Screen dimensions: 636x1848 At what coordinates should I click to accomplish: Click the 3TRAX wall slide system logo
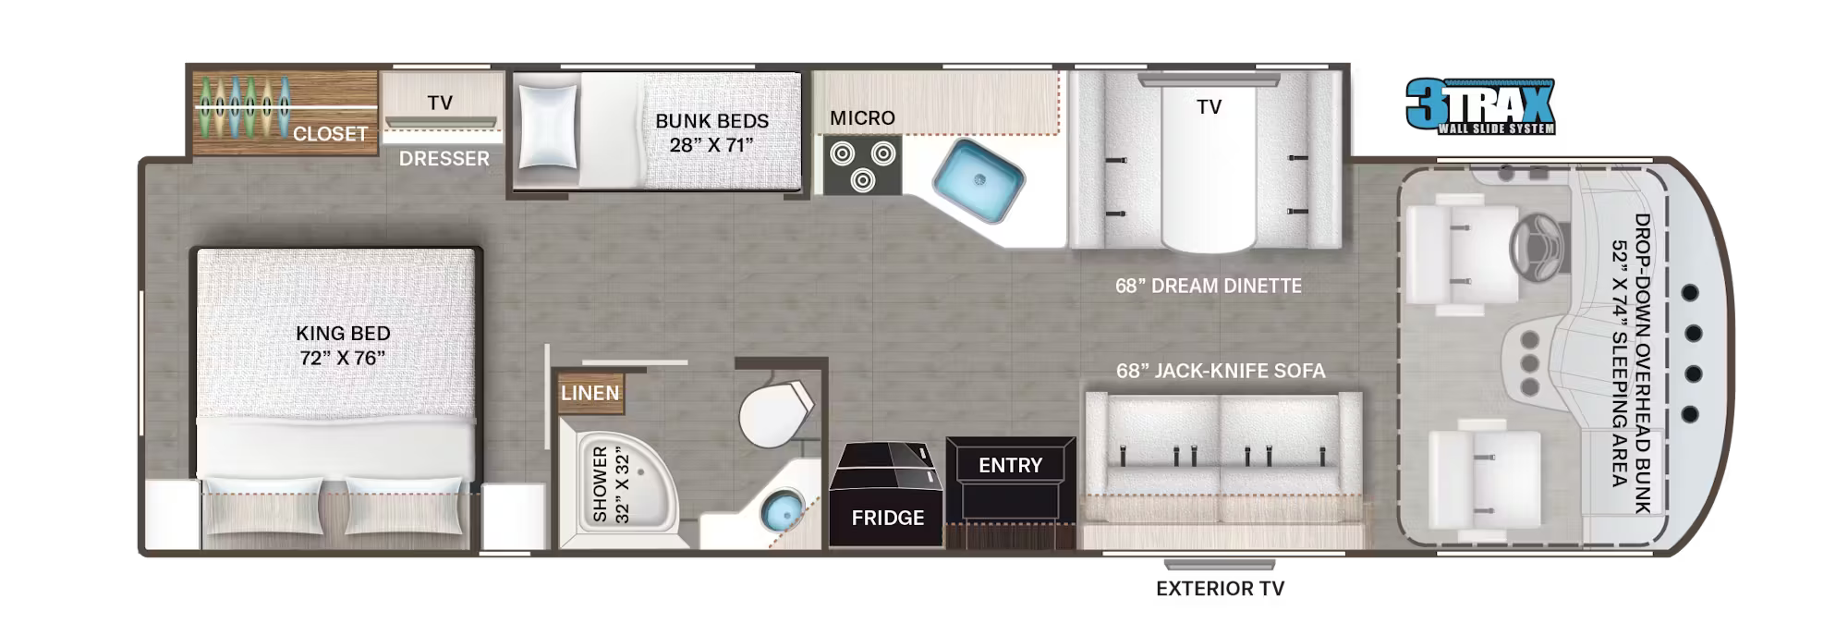point(1480,106)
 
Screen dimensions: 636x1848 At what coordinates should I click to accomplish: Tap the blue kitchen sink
point(978,181)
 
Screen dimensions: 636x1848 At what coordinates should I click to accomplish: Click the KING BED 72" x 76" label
point(343,346)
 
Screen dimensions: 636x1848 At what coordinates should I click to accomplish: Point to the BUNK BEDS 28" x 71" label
point(711,133)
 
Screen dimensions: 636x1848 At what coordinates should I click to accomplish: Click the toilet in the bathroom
point(774,414)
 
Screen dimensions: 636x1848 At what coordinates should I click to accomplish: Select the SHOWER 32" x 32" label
point(611,485)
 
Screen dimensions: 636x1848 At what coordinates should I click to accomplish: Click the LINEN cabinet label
point(590,393)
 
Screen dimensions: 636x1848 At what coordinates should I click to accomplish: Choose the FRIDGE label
point(887,518)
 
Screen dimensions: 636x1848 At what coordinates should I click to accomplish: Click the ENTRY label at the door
point(1010,465)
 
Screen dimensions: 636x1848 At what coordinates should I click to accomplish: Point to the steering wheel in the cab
point(1538,247)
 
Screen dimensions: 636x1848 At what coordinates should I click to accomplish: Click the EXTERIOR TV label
point(1220,588)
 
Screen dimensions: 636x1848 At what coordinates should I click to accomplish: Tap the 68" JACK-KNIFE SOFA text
point(1220,371)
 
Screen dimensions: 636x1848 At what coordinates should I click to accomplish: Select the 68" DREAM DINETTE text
point(1208,286)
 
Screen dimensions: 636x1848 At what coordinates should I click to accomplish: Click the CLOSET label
point(330,134)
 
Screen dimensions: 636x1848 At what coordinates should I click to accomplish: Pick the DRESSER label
point(444,159)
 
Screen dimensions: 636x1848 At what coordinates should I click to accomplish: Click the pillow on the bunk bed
point(548,127)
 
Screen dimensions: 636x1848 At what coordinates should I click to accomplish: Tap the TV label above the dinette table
point(1209,107)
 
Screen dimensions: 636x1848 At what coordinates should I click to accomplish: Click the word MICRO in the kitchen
point(862,118)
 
